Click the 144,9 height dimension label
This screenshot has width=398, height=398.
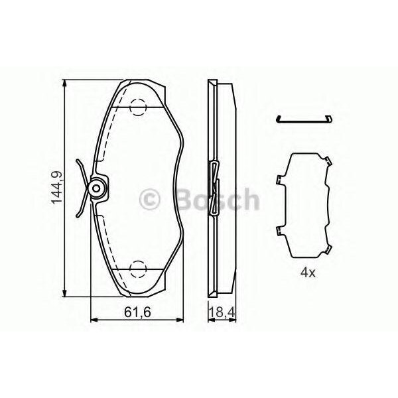pyautogui.click(x=57, y=188)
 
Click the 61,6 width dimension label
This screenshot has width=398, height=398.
pyautogui.click(x=137, y=312)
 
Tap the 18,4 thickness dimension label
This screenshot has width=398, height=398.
pyautogui.click(x=222, y=312)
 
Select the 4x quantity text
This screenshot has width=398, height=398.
pyautogui.click(x=308, y=273)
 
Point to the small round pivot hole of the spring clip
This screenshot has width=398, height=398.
pyautogui.click(x=96, y=188)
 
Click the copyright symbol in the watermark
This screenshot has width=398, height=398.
pyautogui.click(x=149, y=199)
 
